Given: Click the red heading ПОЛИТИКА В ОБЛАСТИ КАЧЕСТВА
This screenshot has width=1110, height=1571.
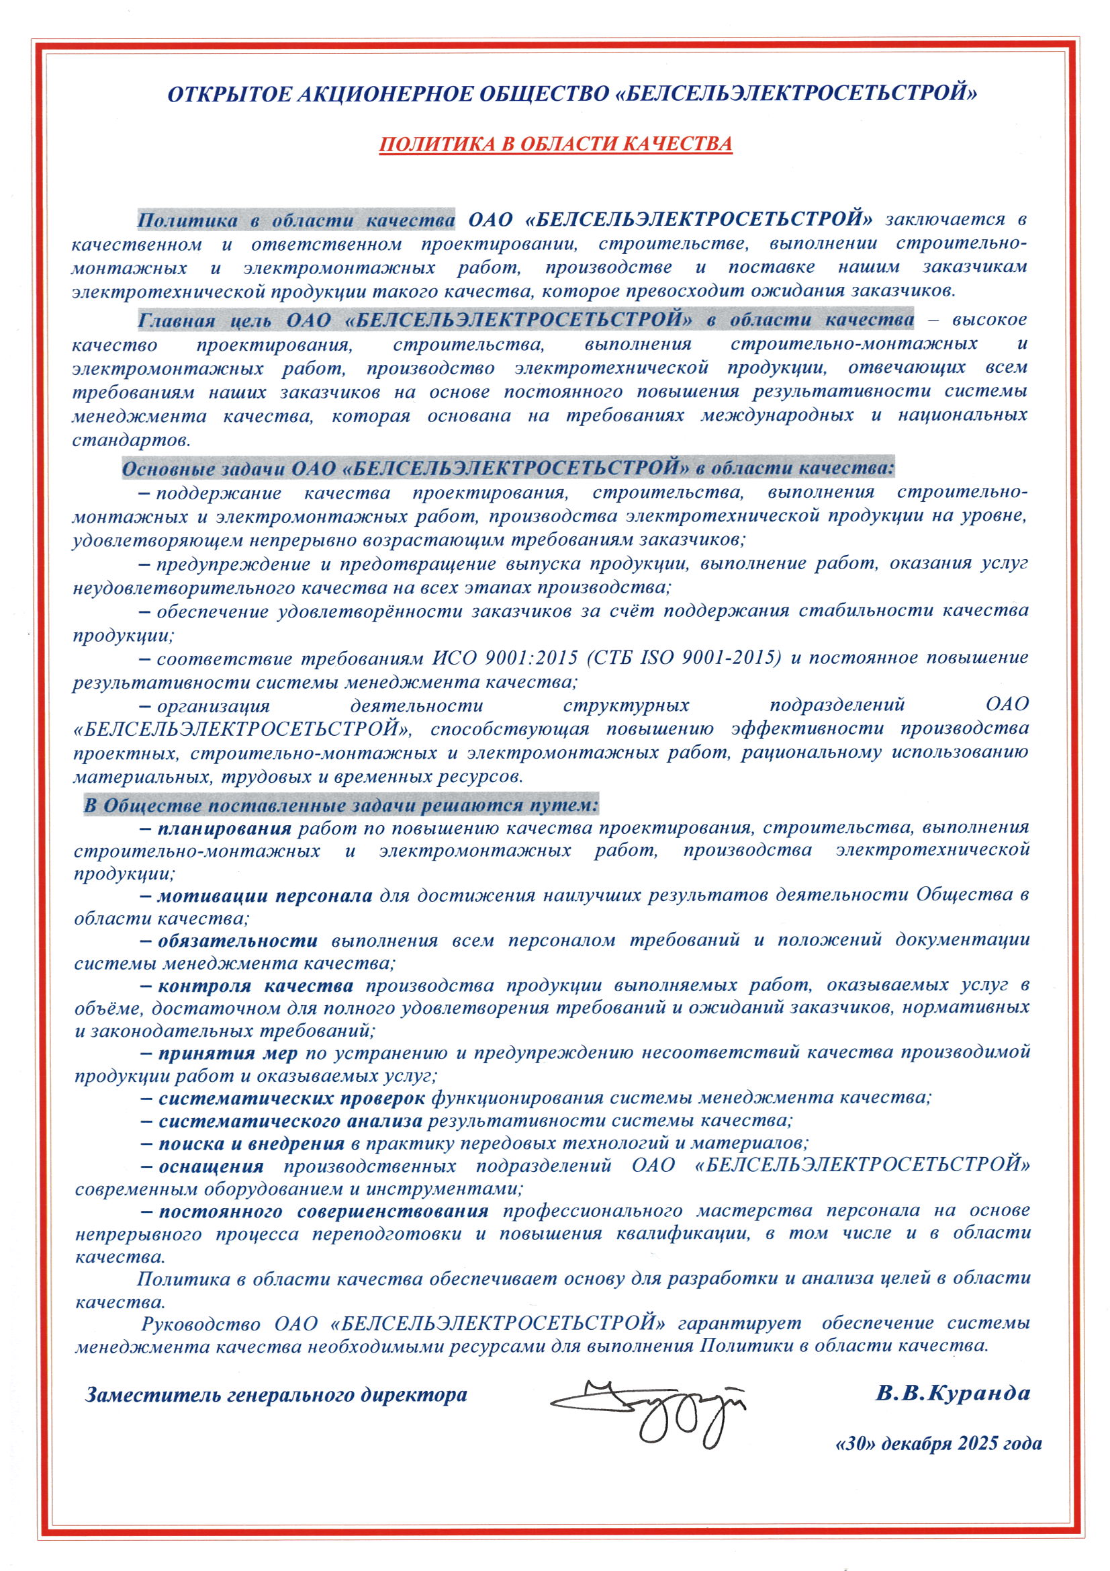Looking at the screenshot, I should coord(555,144).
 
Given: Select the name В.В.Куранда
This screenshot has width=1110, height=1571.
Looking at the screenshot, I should coord(953,1393).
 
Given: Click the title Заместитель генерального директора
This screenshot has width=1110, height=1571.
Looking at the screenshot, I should coord(276,1395).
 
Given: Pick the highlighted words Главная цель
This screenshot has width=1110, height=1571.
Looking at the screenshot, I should coord(204,321).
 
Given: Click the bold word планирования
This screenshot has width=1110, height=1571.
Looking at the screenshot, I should coord(224,829).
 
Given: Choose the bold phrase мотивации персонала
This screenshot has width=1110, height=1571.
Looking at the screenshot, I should coord(265,896).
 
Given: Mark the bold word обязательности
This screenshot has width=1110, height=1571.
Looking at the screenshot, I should coord(237,941).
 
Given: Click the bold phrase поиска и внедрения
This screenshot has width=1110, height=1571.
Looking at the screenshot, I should coord(251,1144).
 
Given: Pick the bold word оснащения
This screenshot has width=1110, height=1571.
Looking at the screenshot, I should coord(211,1166).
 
